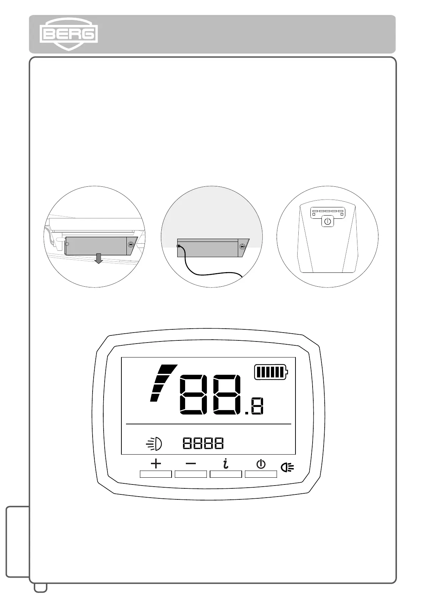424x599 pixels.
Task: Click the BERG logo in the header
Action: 69,34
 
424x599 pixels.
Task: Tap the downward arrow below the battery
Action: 99,258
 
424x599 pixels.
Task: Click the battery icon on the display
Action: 271,372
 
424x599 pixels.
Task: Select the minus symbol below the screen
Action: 191,464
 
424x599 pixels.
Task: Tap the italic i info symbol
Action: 225,463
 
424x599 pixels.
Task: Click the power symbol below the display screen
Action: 261,464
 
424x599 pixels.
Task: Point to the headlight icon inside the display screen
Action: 155,444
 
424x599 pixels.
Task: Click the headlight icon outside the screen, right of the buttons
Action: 287,467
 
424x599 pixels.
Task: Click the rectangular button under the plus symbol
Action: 156,474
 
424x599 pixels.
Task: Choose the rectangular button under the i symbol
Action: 226,474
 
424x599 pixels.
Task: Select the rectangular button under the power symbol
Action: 261,474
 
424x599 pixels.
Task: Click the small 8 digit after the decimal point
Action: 257,407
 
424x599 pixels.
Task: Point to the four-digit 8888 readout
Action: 203,443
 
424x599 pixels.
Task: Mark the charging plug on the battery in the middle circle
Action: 179,246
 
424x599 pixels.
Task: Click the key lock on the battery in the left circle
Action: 131,244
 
